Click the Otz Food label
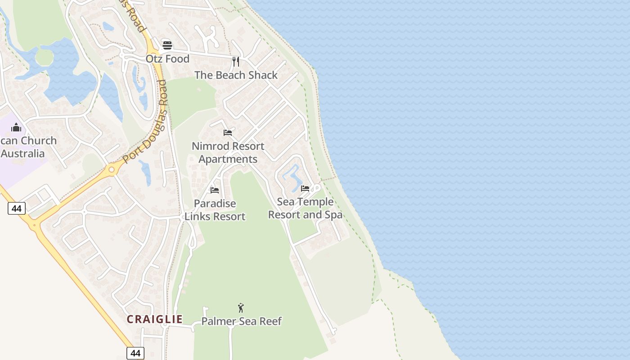click(x=167, y=59)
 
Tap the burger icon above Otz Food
click(x=167, y=45)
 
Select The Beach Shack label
click(x=236, y=75)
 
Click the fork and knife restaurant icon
click(x=236, y=61)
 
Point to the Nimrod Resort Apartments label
click(x=228, y=153)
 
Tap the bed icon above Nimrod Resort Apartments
click(x=228, y=133)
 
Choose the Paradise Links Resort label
click(x=215, y=210)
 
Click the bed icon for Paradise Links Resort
click(x=215, y=190)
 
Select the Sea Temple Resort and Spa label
click(x=305, y=208)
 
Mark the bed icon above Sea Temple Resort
click(x=305, y=189)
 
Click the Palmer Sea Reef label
click(x=241, y=321)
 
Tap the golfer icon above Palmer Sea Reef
click(x=241, y=308)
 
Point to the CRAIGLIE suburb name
click(x=155, y=319)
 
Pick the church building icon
click(x=16, y=128)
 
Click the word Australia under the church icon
click(x=23, y=154)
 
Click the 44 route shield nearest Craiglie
click(x=135, y=353)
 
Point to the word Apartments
click(x=228, y=159)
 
